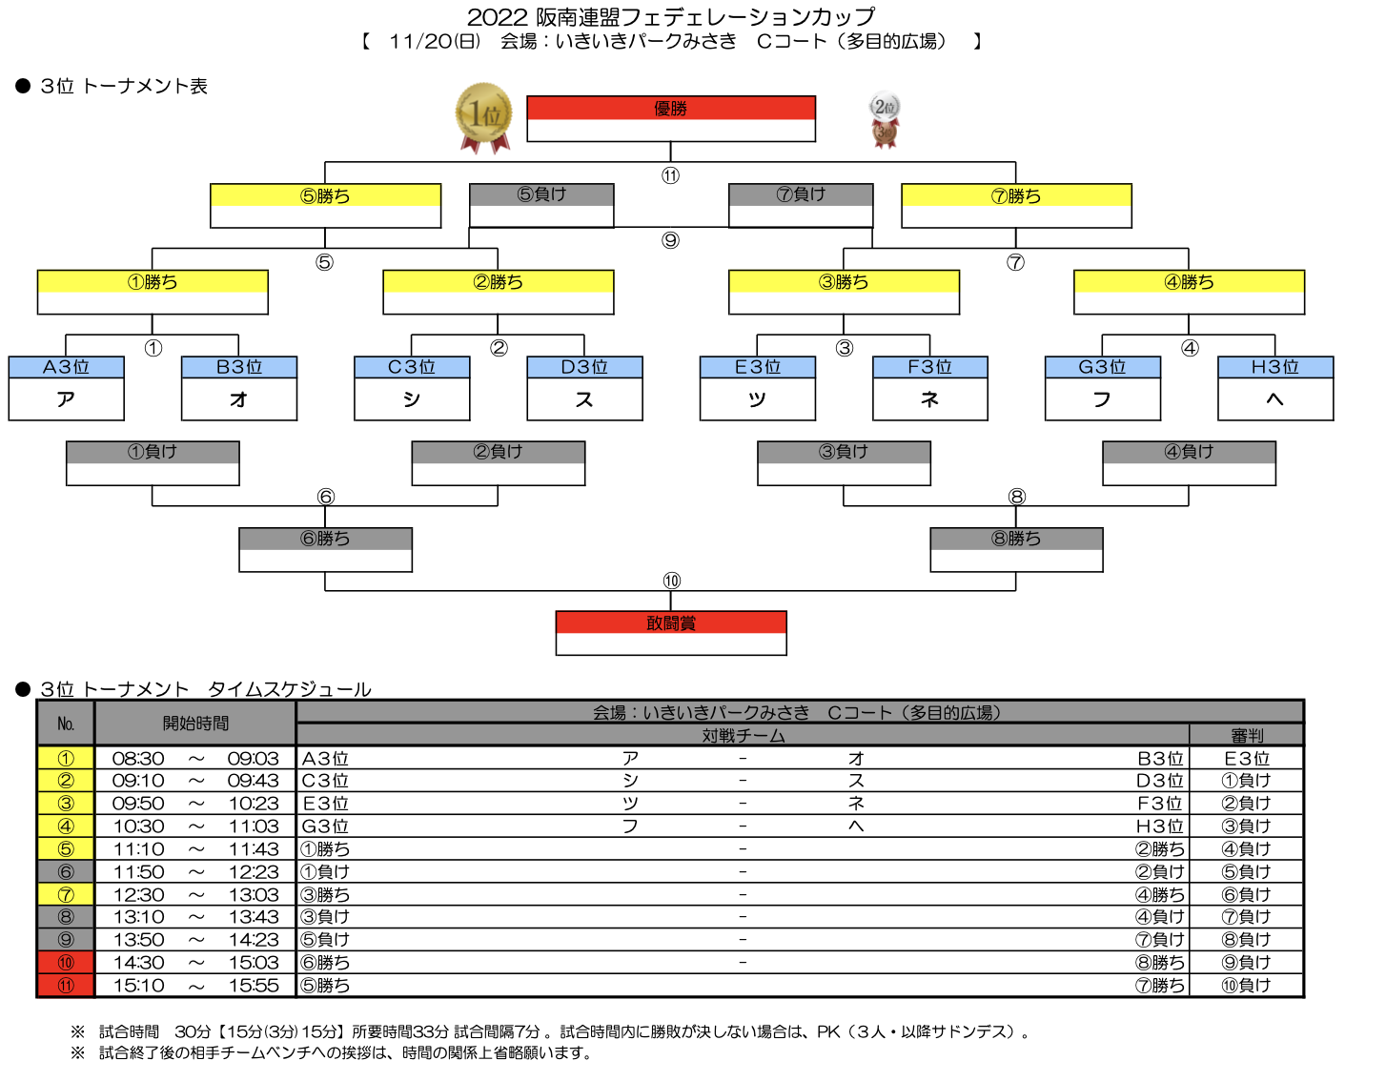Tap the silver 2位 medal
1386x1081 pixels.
[x=884, y=107]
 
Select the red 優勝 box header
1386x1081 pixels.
[x=670, y=109]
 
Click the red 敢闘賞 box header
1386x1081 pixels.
[x=670, y=622]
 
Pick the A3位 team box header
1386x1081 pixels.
[x=67, y=367]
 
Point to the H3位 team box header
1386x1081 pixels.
[x=1274, y=367]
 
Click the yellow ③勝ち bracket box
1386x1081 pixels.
[x=844, y=292]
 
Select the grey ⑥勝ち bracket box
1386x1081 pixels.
[x=325, y=549]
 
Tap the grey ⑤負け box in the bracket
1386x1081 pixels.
[x=541, y=205]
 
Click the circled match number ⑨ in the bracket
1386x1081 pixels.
[x=670, y=240]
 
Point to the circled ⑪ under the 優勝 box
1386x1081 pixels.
[x=670, y=175]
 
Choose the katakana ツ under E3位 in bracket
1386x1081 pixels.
[x=757, y=399]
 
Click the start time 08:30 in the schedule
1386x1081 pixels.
[x=138, y=758]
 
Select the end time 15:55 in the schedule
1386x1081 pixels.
[x=254, y=986]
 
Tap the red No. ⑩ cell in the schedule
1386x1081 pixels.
[x=66, y=963]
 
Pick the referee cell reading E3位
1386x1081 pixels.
[x=1246, y=758]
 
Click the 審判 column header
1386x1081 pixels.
[x=1246, y=735]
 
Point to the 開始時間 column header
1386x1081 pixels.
[x=195, y=724]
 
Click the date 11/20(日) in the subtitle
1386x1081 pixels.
[x=435, y=41]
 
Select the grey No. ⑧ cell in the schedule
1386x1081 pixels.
[x=66, y=916]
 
